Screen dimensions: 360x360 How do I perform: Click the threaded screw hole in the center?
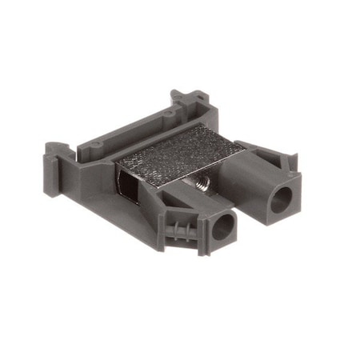tap(201, 183)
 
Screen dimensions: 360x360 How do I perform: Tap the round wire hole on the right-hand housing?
tap(279, 201)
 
